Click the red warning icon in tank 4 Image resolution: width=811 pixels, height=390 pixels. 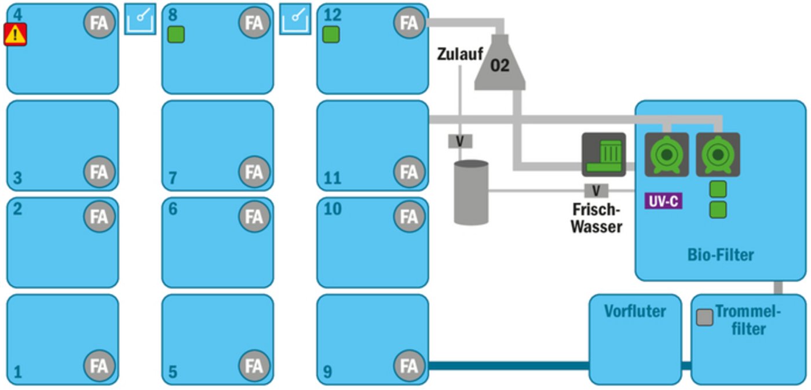[16, 35]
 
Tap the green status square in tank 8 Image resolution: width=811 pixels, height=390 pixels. [176, 35]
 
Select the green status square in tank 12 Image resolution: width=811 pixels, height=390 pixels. [331, 35]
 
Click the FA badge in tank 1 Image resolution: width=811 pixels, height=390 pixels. [99, 366]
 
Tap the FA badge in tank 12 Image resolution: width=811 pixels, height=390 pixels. [409, 23]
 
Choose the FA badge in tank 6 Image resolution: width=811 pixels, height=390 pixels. [254, 217]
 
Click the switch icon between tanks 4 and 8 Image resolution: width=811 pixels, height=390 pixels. [140, 19]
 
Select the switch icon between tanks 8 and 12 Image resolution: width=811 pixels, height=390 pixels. [295, 19]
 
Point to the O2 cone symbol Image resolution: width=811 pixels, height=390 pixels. [500, 64]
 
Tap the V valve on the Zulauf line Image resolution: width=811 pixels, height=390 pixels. [461, 141]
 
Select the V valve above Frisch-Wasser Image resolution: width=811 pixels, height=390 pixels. [596, 190]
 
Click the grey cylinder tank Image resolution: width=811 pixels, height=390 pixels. [471, 192]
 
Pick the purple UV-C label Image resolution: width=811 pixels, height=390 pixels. [663, 201]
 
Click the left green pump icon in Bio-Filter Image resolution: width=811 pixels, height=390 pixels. [667, 155]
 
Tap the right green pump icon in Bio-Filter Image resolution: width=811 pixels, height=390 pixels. [717, 155]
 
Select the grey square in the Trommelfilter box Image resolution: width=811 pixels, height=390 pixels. [704, 317]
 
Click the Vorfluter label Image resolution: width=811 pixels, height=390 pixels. [635, 311]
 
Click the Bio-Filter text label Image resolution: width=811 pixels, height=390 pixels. [721, 254]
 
